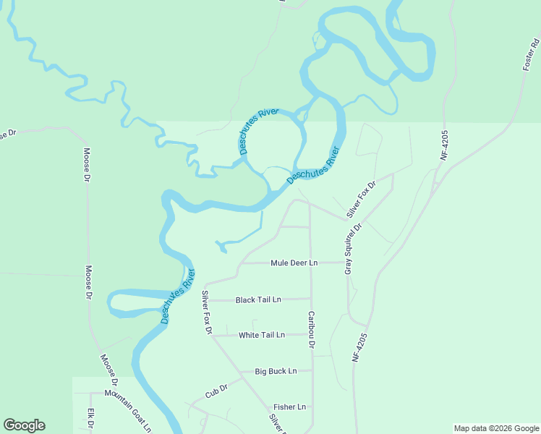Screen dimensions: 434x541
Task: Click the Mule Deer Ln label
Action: point(294,263)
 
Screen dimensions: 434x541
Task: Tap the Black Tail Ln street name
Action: point(257,299)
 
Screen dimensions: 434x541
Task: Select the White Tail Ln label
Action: point(262,335)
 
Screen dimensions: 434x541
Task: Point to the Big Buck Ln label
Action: point(276,371)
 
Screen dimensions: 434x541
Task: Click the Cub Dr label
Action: point(216,391)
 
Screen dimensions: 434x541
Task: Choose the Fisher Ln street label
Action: point(289,407)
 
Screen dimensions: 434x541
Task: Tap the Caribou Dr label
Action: point(311,330)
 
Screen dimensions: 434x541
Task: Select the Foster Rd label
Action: point(531,55)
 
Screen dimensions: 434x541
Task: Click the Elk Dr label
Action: point(91,419)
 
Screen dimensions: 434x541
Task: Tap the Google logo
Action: point(24,425)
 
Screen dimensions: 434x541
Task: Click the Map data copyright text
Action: point(495,428)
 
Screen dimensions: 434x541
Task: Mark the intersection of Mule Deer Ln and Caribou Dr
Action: point(311,263)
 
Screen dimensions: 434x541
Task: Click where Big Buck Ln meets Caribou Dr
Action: point(312,370)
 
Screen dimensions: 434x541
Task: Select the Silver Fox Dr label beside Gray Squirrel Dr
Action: point(362,199)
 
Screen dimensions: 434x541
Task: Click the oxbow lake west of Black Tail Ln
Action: point(134,294)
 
